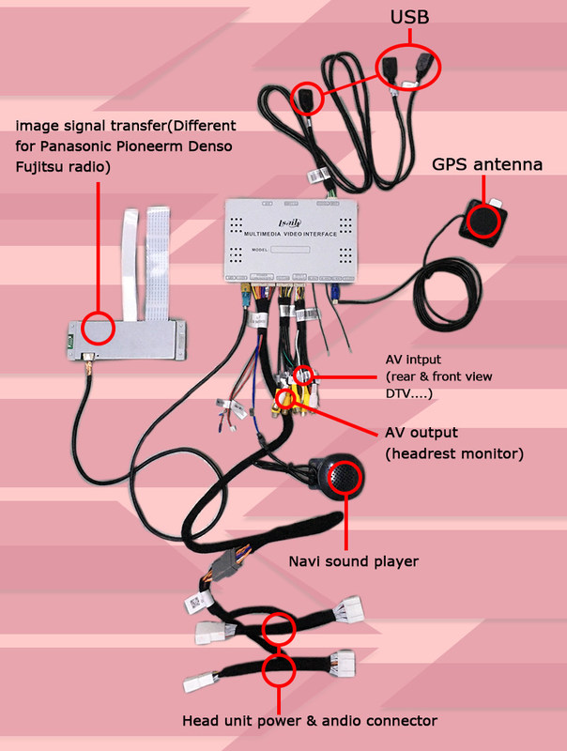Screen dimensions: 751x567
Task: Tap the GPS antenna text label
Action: click(x=486, y=164)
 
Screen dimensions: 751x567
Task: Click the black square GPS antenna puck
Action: click(x=483, y=222)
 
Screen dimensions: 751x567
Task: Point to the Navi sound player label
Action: click(x=353, y=561)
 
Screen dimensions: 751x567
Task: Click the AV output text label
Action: click(x=421, y=433)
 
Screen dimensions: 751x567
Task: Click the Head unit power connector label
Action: click(x=309, y=721)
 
